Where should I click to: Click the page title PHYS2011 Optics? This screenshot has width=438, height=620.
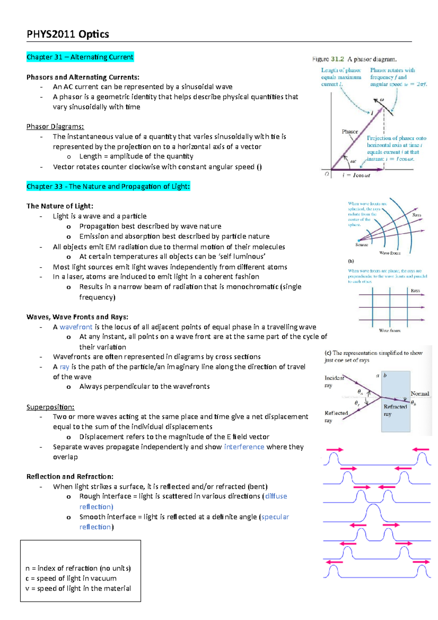click(68, 34)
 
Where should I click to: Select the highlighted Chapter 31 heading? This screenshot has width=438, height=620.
click(80, 57)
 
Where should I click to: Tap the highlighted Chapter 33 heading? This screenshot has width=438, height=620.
click(108, 187)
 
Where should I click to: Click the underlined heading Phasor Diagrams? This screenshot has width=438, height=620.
click(55, 127)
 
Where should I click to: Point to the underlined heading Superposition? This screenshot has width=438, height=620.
click(50, 407)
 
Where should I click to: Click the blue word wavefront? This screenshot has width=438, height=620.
click(76, 327)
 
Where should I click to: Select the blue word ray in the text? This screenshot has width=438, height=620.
click(64, 367)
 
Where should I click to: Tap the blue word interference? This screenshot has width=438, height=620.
click(244, 447)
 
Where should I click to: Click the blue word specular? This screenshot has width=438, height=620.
click(275, 517)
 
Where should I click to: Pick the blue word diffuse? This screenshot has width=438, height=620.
click(276, 497)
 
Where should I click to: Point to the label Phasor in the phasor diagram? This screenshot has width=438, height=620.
click(350, 132)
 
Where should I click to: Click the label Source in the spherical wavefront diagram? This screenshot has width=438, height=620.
click(361, 245)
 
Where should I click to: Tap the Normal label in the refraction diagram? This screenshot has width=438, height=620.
click(420, 394)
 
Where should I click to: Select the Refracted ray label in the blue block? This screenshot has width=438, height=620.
click(395, 410)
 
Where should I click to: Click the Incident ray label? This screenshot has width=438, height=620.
click(334, 381)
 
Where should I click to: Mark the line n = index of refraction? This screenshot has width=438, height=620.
click(78, 569)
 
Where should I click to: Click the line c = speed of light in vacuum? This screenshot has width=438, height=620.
click(71, 579)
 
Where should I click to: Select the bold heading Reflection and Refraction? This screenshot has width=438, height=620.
click(70, 477)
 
